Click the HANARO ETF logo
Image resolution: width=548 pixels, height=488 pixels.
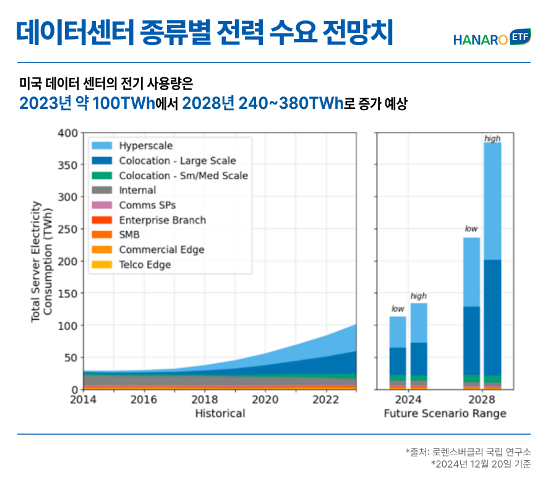(492, 39)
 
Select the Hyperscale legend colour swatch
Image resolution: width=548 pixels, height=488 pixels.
(102, 146)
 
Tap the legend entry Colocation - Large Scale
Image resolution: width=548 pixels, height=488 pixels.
(178, 161)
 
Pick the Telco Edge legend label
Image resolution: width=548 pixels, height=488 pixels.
(145, 265)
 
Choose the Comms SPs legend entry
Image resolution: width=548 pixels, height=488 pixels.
(142, 205)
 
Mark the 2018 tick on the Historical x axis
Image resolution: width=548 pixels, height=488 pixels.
(204, 400)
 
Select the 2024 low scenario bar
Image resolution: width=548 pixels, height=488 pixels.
(398, 353)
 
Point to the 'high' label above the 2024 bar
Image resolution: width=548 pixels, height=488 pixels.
(419, 296)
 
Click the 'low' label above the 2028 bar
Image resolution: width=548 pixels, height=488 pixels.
(471, 229)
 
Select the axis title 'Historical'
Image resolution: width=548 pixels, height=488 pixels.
(220, 414)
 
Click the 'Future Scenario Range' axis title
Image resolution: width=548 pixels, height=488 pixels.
(445, 414)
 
